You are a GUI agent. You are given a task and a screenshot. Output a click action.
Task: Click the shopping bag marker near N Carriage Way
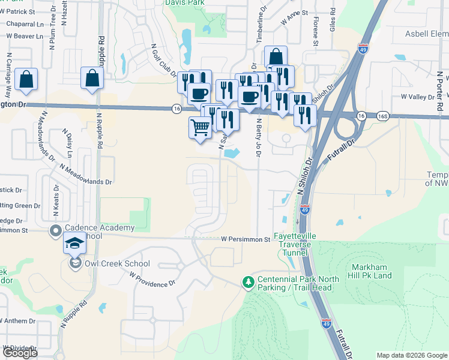tap(26, 80)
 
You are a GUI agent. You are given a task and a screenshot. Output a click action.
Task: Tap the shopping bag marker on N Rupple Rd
tap(92, 79)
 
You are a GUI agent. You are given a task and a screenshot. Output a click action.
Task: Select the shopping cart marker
tap(200, 127)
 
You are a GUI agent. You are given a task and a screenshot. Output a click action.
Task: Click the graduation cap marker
tap(75, 244)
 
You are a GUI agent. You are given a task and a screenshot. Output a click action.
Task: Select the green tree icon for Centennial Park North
tap(247, 281)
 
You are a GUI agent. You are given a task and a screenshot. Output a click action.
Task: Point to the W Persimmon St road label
tap(246, 239)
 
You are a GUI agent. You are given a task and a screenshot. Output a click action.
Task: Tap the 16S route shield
tap(382, 115)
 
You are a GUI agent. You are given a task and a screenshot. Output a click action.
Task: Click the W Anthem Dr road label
tap(18, 321)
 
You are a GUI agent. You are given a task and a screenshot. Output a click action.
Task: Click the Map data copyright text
tap(412, 355)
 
